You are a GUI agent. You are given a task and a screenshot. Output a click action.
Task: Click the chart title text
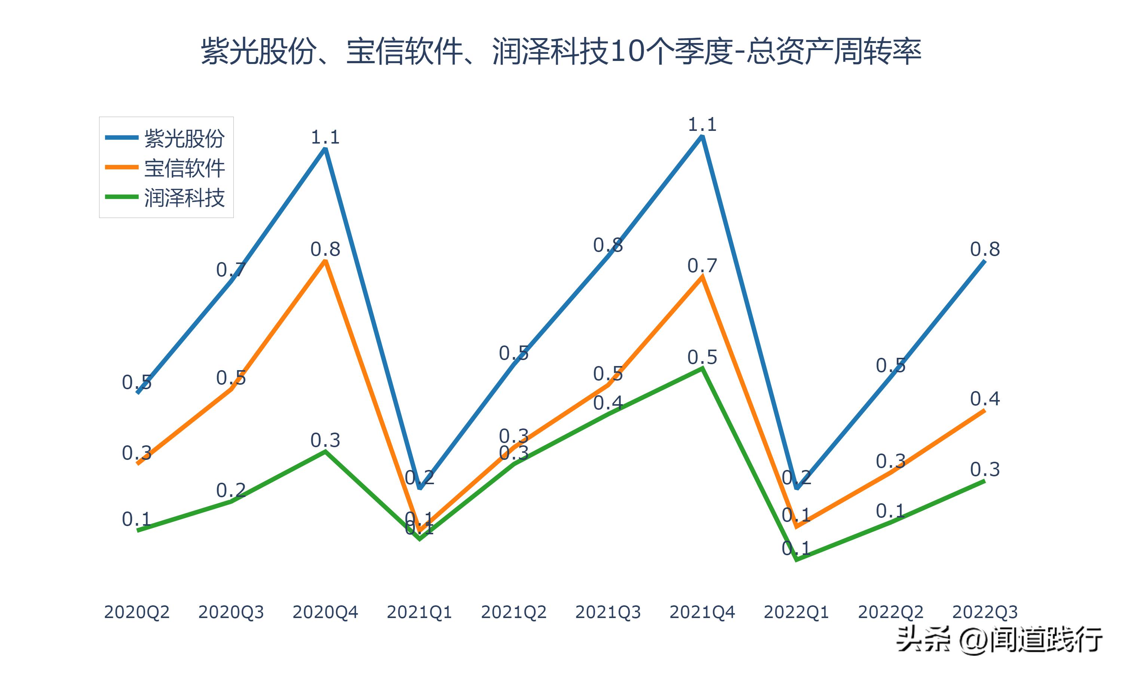pyautogui.click(x=561, y=51)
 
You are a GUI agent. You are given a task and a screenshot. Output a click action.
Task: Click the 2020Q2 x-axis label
pyautogui.click(x=137, y=612)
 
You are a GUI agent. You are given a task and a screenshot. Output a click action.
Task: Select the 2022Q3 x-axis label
pyautogui.click(x=985, y=612)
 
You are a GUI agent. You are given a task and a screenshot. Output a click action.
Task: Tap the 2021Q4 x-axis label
pyautogui.click(x=702, y=612)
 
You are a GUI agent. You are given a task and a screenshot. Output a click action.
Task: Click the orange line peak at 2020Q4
pyautogui.click(x=325, y=261)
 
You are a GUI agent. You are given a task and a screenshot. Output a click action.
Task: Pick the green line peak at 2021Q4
pyautogui.click(x=702, y=368)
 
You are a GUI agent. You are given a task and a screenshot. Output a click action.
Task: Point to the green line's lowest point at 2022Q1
pyautogui.click(x=796, y=560)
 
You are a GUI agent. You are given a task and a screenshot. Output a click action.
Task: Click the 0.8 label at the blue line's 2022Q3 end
pyautogui.click(x=985, y=249)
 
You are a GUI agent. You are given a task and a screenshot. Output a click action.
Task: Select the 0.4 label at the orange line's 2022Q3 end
pyautogui.click(x=985, y=399)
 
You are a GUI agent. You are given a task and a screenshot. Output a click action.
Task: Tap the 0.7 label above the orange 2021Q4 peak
pyautogui.click(x=702, y=266)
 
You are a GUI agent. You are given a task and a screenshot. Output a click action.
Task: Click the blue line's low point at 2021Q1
pyautogui.click(x=420, y=488)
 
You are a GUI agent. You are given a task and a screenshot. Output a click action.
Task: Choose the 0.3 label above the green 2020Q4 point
pyautogui.click(x=325, y=440)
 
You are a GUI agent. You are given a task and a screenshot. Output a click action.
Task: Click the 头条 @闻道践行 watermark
pyautogui.click(x=999, y=640)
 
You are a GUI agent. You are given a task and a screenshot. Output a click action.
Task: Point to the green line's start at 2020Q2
pyautogui.click(x=137, y=530)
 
